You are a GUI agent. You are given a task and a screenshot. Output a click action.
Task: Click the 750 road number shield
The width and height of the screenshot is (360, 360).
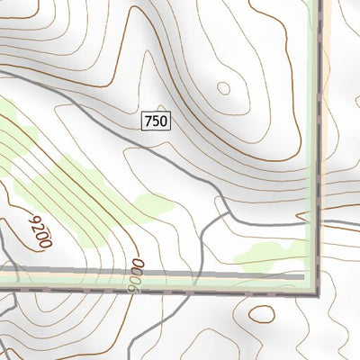[155, 120]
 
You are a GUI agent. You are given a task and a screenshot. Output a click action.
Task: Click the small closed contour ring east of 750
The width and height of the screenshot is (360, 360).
[223, 88]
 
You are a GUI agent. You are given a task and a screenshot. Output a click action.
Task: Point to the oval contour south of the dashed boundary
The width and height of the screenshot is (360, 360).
[262, 314]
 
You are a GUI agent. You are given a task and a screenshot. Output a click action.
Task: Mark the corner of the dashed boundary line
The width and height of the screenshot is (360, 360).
[316, 293]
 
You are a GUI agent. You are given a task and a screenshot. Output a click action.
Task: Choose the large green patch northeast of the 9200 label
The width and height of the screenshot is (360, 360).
[67, 193]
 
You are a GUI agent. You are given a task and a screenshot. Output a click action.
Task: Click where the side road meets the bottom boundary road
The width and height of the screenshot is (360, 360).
[196, 274]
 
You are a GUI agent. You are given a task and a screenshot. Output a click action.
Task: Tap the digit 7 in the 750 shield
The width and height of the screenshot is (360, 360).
[148, 120]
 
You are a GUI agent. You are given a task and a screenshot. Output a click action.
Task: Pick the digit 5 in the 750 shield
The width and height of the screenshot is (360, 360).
[155, 120]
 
